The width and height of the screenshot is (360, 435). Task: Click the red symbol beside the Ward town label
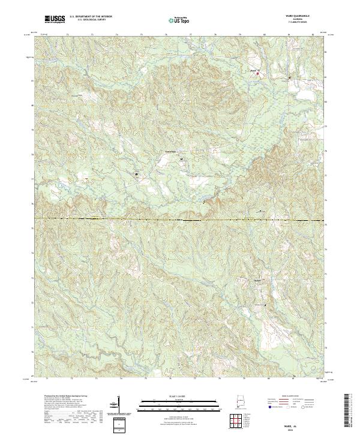(x=259, y=74)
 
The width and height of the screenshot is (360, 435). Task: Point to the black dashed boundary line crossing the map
(x=180, y=218)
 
